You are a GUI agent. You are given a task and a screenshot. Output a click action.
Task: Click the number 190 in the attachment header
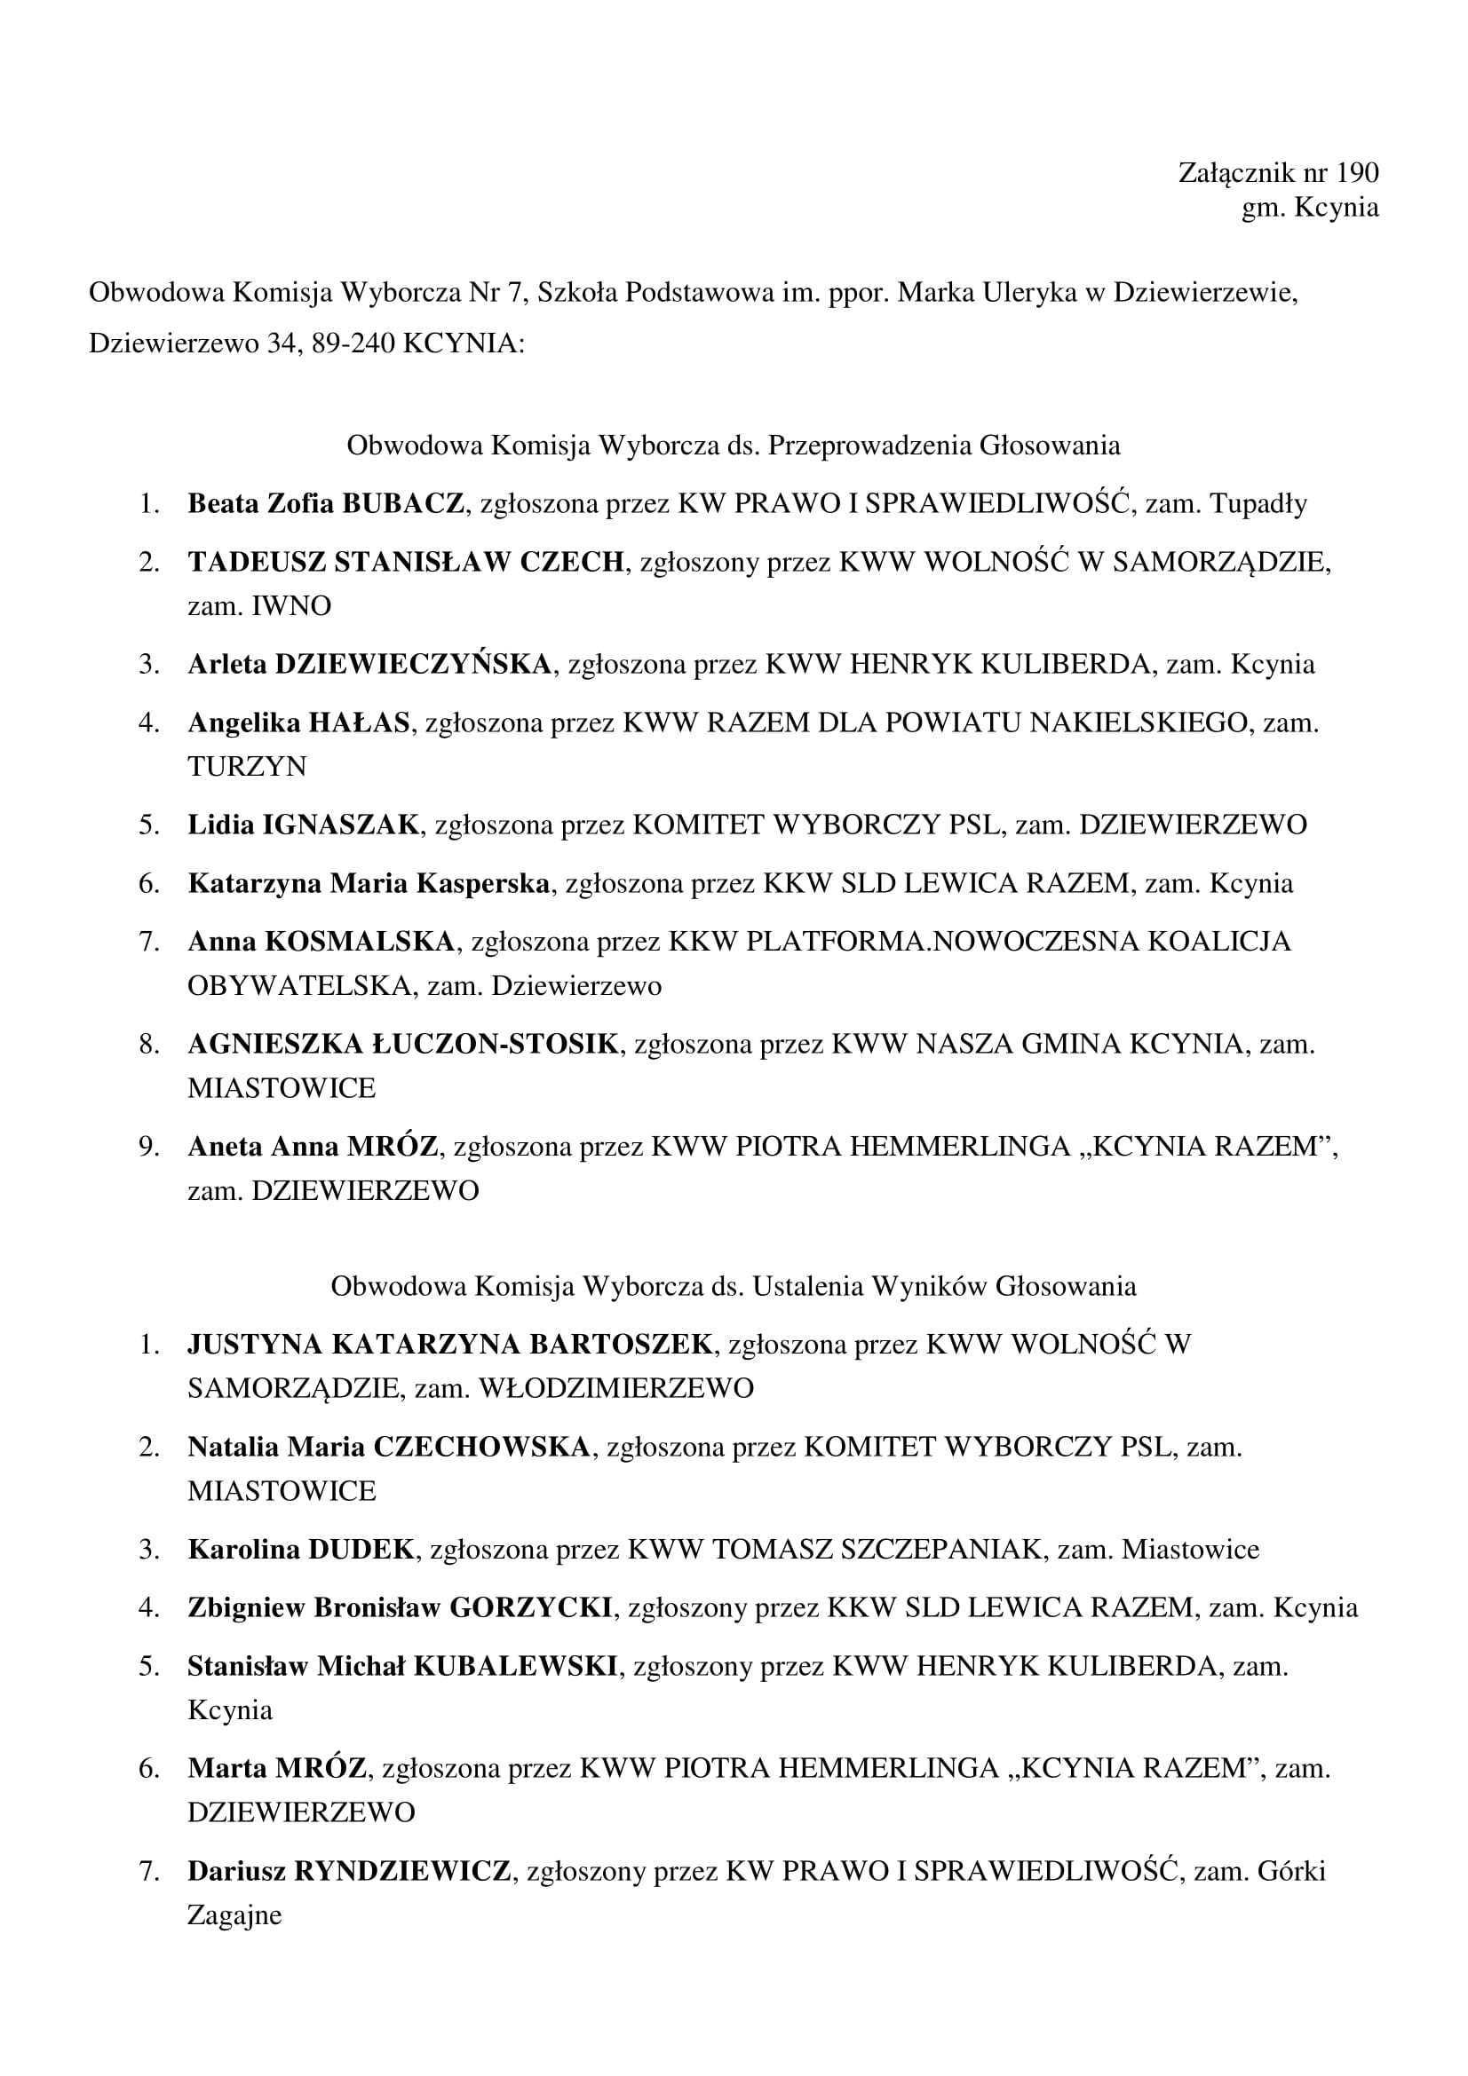click(x=1357, y=173)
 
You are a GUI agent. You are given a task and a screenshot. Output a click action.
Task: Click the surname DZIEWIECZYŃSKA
click(x=412, y=665)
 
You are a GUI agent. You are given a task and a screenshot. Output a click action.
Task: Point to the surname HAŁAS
click(x=359, y=723)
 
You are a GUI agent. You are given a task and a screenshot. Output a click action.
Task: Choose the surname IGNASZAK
click(x=341, y=825)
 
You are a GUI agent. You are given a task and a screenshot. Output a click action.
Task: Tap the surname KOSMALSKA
click(x=359, y=943)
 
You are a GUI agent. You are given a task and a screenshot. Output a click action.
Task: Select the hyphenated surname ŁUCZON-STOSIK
click(x=495, y=1045)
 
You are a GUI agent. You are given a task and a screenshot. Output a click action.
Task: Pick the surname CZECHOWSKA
click(x=481, y=1448)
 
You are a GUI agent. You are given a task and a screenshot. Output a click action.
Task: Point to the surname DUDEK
click(x=361, y=1550)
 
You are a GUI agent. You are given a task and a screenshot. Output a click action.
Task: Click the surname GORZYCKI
click(x=531, y=1607)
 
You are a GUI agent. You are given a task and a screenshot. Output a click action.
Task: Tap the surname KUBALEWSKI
click(x=515, y=1667)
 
